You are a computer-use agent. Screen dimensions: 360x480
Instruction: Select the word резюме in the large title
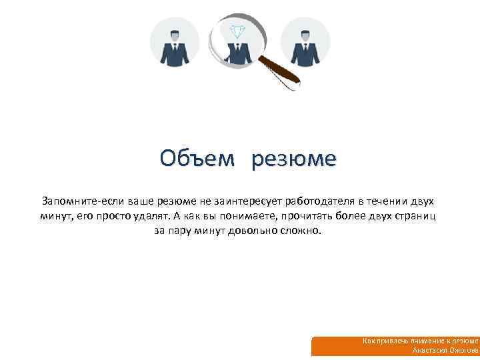295,160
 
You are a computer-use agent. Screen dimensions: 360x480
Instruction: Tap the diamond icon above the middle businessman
237,31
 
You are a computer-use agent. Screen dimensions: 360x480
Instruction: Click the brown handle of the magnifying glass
279,71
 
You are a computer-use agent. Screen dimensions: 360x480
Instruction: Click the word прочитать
308,216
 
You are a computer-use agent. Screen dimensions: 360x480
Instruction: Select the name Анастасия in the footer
430,350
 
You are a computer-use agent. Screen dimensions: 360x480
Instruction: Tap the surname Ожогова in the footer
464,350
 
